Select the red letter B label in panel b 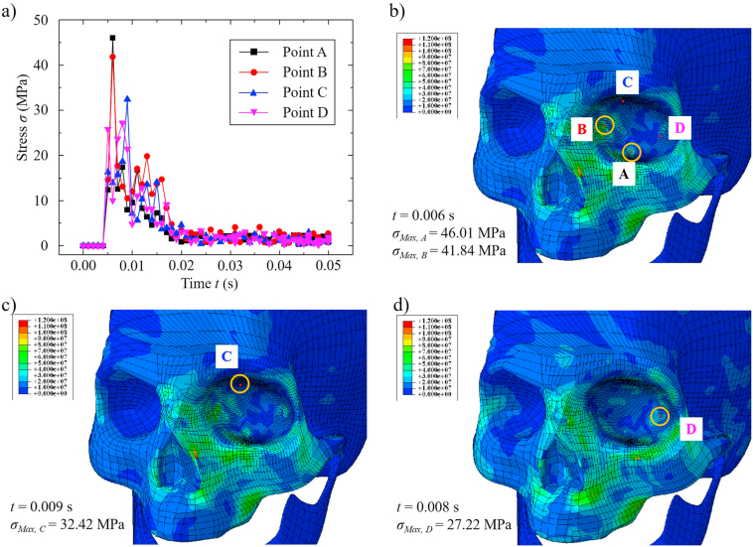(583, 129)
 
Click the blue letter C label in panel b (626, 82)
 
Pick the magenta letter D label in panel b (678, 128)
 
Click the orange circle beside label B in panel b (605, 125)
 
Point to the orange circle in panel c (240, 383)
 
